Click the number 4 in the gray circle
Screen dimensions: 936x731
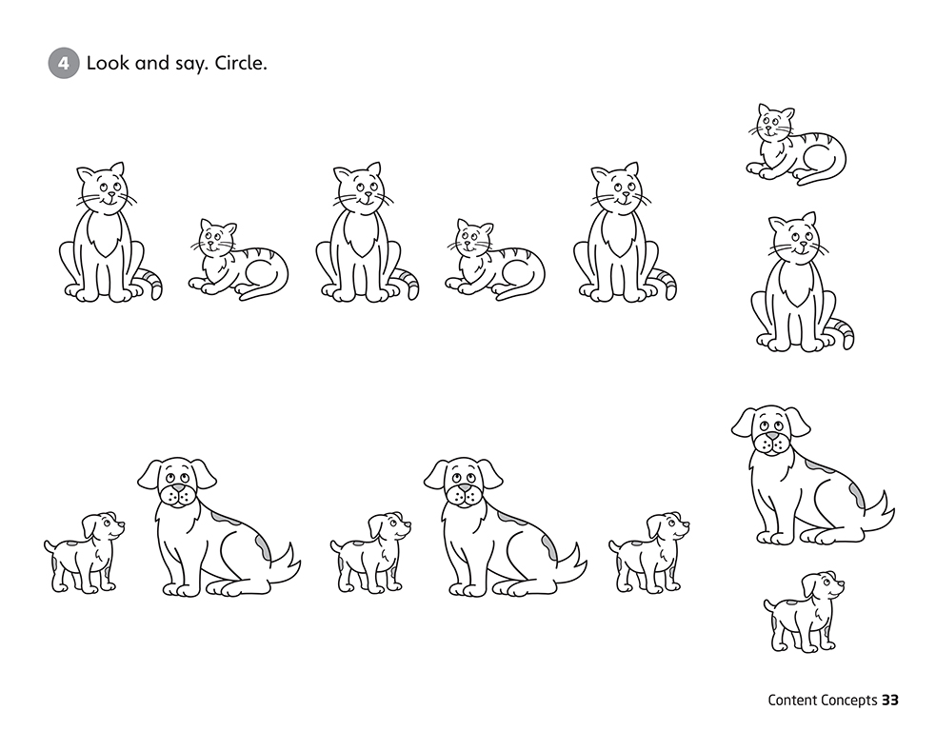(x=63, y=63)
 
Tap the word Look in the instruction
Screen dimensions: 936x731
(x=108, y=63)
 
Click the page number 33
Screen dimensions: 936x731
(x=890, y=700)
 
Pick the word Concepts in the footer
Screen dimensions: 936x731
(x=848, y=701)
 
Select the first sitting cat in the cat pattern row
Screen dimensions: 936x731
(x=110, y=232)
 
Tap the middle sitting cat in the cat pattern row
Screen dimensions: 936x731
(x=367, y=232)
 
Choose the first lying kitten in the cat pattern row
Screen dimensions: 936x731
(x=238, y=259)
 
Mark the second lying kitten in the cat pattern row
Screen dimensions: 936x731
(x=495, y=259)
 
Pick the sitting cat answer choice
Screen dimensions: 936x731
(x=802, y=282)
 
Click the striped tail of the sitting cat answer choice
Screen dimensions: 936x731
(x=843, y=333)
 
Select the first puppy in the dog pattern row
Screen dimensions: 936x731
(x=84, y=552)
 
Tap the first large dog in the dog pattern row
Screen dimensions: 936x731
(x=218, y=527)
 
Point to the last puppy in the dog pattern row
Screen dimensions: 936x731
(x=648, y=552)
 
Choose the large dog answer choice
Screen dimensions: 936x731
(x=812, y=476)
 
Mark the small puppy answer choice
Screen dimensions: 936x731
(x=804, y=612)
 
